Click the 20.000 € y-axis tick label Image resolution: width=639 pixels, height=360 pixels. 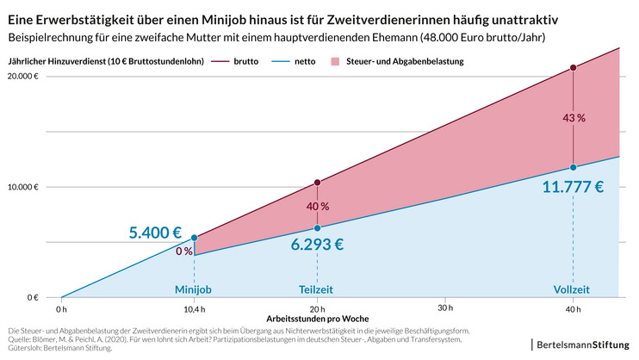[25, 77]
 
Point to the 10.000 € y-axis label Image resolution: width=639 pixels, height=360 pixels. [25, 187]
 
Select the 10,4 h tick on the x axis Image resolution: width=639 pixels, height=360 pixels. [194, 308]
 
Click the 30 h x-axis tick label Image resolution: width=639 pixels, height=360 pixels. [444, 308]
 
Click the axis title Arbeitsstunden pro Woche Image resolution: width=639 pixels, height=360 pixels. [317, 319]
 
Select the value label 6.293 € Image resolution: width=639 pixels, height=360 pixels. [316, 244]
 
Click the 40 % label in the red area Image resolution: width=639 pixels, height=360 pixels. [317, 207]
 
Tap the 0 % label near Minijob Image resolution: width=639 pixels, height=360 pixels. [184, 251]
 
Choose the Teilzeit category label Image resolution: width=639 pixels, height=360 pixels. [317, 289]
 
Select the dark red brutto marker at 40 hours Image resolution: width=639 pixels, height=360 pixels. [574, 67]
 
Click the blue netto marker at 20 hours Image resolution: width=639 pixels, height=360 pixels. [317, 228]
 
